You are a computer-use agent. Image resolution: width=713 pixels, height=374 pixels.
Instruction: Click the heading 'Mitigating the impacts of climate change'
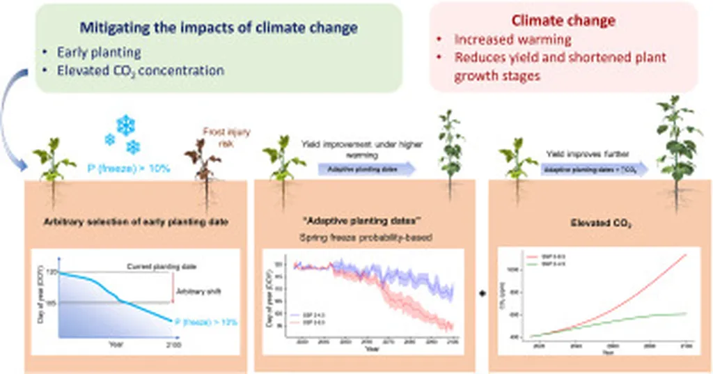219,29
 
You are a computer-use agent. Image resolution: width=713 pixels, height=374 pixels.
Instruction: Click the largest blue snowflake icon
125,125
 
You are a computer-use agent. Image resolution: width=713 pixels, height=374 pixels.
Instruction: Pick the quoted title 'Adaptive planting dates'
361,222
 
